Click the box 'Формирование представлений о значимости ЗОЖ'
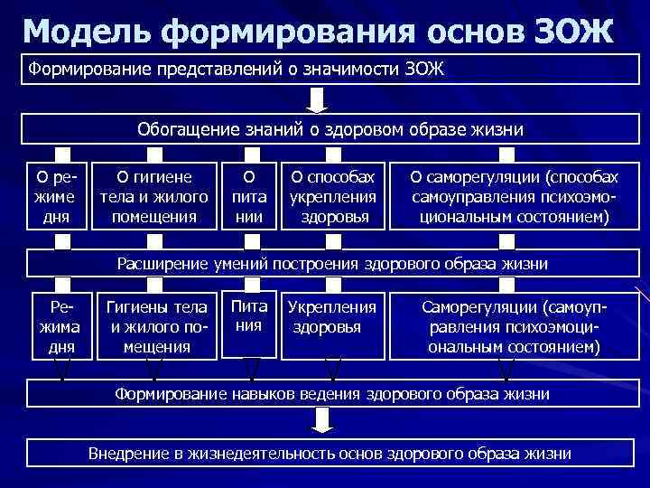(x=325, y=70)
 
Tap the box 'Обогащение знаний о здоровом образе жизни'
(x=330, y=129)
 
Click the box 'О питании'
(x=249, y=194)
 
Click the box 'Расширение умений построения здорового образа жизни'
(x=332, y=263)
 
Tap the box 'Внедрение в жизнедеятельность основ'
(x=330, y=453)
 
